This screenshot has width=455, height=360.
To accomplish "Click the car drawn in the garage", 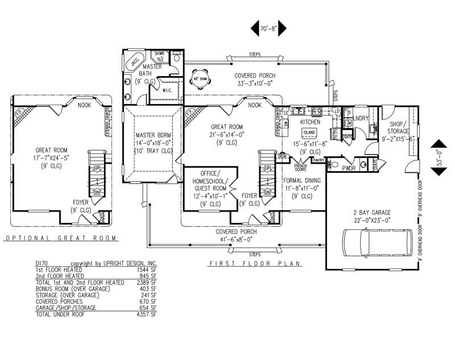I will pos(378,242).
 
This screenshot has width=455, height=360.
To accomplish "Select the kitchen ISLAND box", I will pos(309,132).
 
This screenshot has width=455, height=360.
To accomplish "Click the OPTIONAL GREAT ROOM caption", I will pos(60,238).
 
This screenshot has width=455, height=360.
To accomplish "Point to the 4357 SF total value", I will pos(146,314).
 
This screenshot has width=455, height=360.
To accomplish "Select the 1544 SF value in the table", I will pos(146,270).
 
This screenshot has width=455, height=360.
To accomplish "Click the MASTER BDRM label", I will pos(153,135).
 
